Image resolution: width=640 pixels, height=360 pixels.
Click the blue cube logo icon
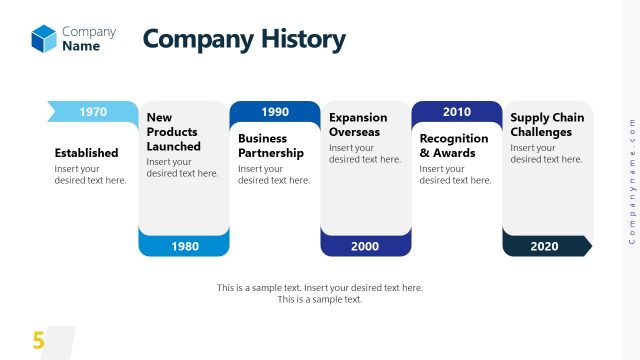click(44, 38)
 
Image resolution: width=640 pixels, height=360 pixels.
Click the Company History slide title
click(244, 39)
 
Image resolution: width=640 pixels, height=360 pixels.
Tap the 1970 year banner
click(93, 112)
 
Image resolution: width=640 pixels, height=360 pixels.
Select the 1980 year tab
click(184, 246)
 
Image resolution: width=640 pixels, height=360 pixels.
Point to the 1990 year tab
click(275, 112)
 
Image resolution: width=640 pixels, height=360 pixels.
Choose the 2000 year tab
click(365, 246)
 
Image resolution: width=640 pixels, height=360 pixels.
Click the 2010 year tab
click(457, 112)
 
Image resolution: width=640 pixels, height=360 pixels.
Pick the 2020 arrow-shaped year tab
click(546, 246)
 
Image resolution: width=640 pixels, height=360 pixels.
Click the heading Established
click(86, 153)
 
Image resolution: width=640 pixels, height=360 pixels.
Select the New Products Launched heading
click(173, 132)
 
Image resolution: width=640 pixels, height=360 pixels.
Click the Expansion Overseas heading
click(358, 125)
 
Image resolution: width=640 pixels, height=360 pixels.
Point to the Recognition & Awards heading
click(454, 146)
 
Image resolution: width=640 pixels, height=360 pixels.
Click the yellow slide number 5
click(38, 341)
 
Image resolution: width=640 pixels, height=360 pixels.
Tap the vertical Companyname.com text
click(631, 180)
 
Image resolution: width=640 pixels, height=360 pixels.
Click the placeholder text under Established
click(90, 175)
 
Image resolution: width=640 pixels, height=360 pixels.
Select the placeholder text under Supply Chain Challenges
click(546, 153)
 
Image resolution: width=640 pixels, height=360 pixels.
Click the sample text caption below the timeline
click(320, 293)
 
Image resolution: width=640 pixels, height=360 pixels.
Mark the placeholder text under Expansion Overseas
click(364, 153)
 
